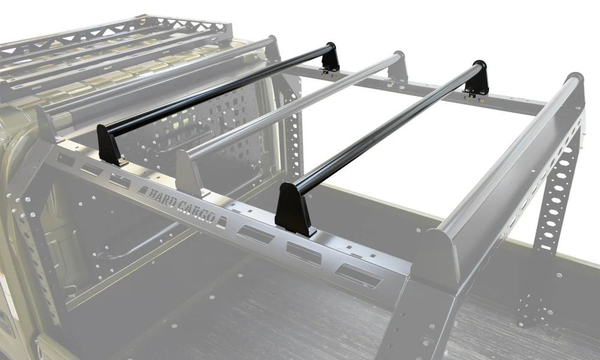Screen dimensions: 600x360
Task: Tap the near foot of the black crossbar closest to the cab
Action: [x=110, y=145]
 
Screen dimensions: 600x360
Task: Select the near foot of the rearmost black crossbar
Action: [x=294, y=209]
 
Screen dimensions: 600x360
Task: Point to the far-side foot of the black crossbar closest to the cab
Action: [x=330, y=58]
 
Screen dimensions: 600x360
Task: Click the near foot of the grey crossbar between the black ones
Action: [x=190, y=173]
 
